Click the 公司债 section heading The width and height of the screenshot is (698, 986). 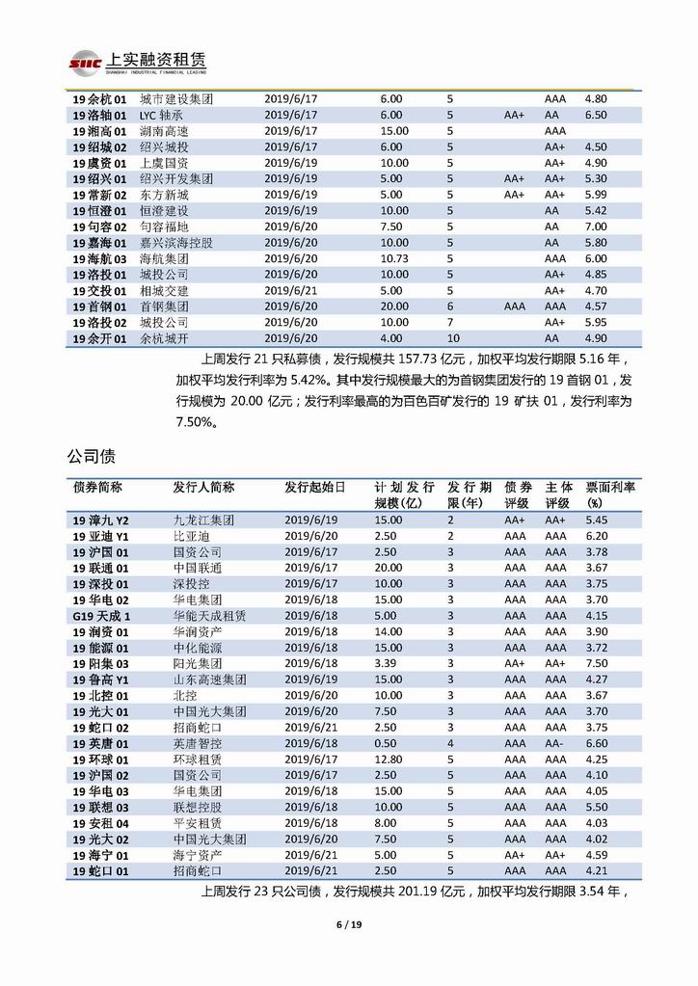94,453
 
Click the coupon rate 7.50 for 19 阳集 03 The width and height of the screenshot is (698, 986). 597,664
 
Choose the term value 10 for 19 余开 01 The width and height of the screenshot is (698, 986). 453,338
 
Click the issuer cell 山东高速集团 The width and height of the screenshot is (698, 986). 209,680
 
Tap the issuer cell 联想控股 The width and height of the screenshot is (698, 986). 198,807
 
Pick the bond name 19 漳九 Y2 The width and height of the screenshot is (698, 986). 107,520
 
